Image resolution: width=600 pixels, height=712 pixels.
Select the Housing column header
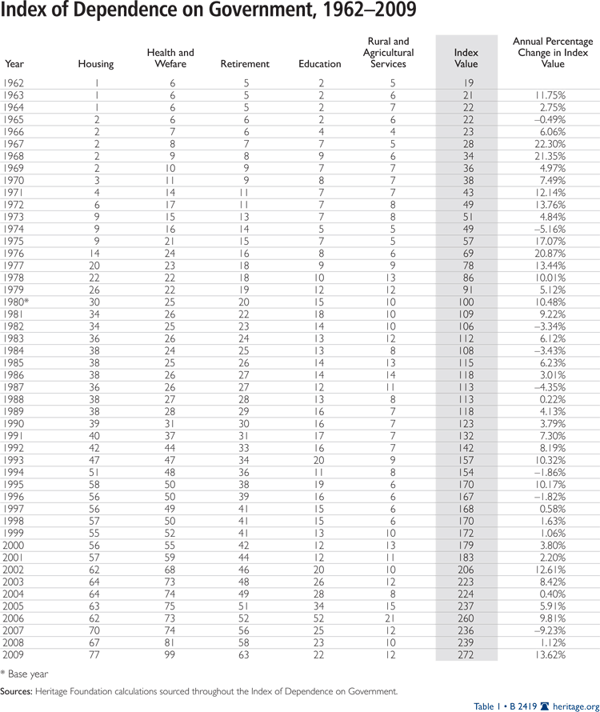(x=96, y=64)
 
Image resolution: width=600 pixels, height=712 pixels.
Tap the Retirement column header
(x=244, y=64)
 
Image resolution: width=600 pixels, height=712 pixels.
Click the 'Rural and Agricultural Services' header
(x=388, y=53)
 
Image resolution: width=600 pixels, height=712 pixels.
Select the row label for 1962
(x=14, y=82)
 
